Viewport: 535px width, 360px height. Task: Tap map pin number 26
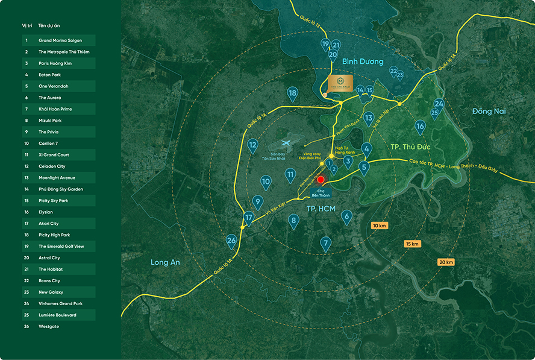click(231, 241)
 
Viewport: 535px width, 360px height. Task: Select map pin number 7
click(325, 243)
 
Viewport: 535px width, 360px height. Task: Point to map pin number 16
click(420, 126)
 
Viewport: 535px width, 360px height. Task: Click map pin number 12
click(253, 145)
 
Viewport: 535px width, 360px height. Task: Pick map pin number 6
click(346, 216)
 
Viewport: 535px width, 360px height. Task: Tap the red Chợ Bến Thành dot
click(321, 180)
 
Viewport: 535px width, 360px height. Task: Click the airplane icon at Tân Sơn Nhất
click(285, 144)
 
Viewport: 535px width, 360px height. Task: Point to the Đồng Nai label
click(489, 111)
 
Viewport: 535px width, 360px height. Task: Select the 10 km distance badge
click(380, 226)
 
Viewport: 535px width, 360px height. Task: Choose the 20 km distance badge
click(445, 262)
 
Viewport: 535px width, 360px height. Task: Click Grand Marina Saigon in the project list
click(60, 40)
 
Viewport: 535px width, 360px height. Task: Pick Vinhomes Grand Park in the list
click(61, 303)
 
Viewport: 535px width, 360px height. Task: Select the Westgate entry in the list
click(49, 326)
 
